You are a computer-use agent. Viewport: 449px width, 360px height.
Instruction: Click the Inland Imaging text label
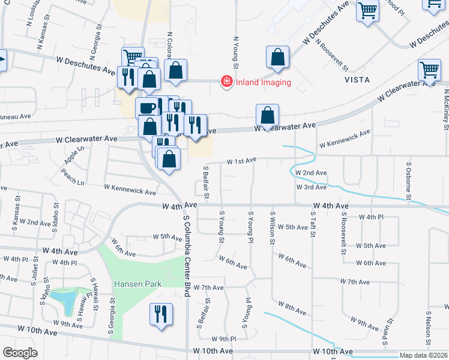tap(263, 82)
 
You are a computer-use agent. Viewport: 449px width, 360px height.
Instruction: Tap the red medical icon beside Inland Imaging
tap(226, 82)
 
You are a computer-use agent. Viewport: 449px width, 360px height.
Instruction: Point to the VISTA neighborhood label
tap(357, 79)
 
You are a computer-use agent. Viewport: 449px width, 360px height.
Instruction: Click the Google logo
tap(20, 352)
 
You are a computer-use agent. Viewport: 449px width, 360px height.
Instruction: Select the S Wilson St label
tap(273, 228)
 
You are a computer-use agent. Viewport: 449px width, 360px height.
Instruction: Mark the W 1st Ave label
tap(241, 161)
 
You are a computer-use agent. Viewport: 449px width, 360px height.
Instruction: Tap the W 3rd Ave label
tap(311, 187)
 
